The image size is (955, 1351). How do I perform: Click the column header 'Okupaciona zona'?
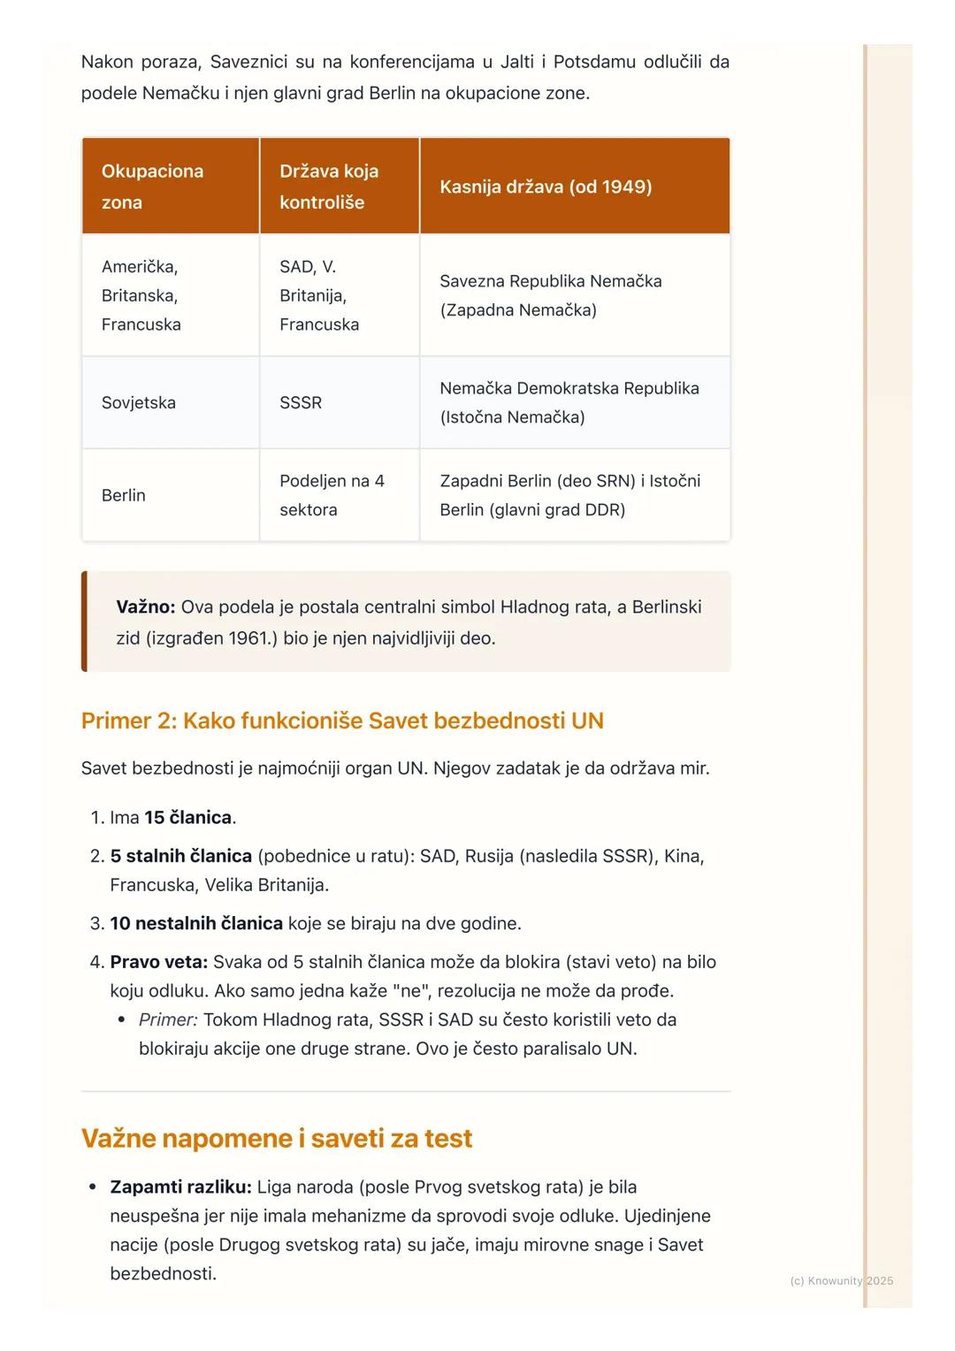[x=152, y=187]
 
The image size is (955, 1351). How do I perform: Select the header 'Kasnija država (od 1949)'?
[x=546, y=187]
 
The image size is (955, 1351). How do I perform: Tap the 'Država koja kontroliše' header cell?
[x=329, y=187]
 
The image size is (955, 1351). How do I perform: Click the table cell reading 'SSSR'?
[x=301, y=402]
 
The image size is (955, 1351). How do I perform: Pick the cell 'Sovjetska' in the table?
[x=139, y=402]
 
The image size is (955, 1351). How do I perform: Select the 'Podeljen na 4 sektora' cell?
[x=332, y=495]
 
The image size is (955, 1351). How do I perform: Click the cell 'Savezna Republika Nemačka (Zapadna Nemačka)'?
[x=550, y=295]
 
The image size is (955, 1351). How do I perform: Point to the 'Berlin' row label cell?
[x=124, y=495]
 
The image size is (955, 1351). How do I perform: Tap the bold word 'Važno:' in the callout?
[x=146, y=607]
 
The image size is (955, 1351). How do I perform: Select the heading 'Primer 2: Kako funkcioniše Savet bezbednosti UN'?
[x=342, y=721]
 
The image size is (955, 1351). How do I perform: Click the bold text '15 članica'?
[x=187, y=817]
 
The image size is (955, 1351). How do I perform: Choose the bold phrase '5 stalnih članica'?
[x=180, y=856]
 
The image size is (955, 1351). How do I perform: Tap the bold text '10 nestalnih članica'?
[x=196, y=923]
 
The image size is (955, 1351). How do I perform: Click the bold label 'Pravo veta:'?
[x=158, y=962]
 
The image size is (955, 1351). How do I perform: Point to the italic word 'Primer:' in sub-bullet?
[x=168, y=1019]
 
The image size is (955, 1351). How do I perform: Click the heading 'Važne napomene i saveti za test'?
[x=277, y=1138]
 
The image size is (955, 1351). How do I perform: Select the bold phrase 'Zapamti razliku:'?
[x=180, y=1187]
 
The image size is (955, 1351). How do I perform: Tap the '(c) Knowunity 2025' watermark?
[x=841, y=1280]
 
